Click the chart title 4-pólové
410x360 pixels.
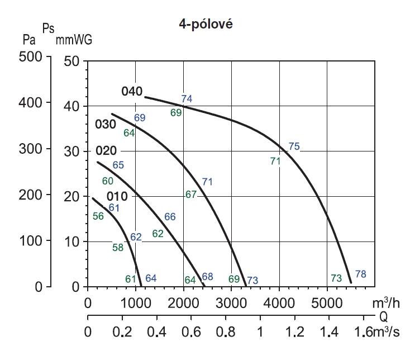pos(204,26)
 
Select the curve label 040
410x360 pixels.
pos(133,92)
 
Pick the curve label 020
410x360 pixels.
pos(106,151)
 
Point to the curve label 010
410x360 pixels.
pos(117,196)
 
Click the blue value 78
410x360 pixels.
pos(361,274)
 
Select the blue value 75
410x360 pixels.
pos(294,147)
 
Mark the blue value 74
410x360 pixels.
pos(187,99)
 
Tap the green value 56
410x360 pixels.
pos(98,216)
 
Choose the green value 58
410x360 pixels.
pos(118,248)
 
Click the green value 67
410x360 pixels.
pos(191,195)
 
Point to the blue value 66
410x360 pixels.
pos(170,217)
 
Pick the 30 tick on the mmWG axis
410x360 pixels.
pos(72,151)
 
